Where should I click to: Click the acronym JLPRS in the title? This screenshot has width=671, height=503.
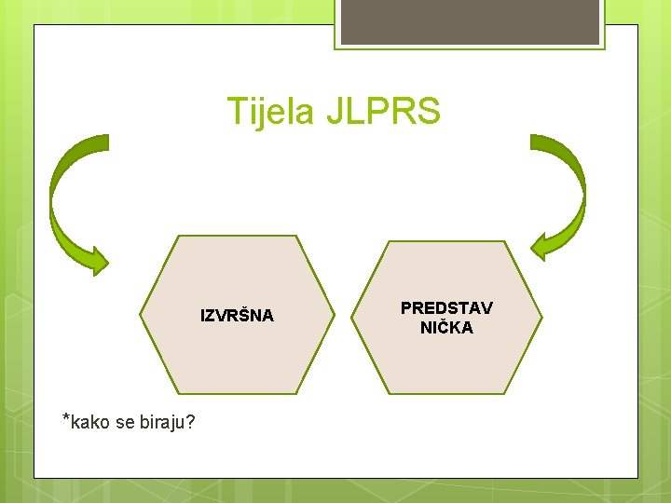(382, 113)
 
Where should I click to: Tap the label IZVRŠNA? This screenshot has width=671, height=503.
(238, 316)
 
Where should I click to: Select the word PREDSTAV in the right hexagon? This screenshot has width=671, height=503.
(446, 307)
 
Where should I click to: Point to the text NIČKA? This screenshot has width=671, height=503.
(446, 328)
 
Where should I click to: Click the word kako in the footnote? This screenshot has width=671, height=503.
(89, 423)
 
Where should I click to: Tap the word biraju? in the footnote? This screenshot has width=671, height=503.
(167, 424)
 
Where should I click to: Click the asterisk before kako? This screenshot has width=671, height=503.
(65, 418)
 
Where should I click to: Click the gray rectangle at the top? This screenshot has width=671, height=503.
(470, 21)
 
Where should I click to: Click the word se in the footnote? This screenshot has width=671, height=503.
(126, 424)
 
